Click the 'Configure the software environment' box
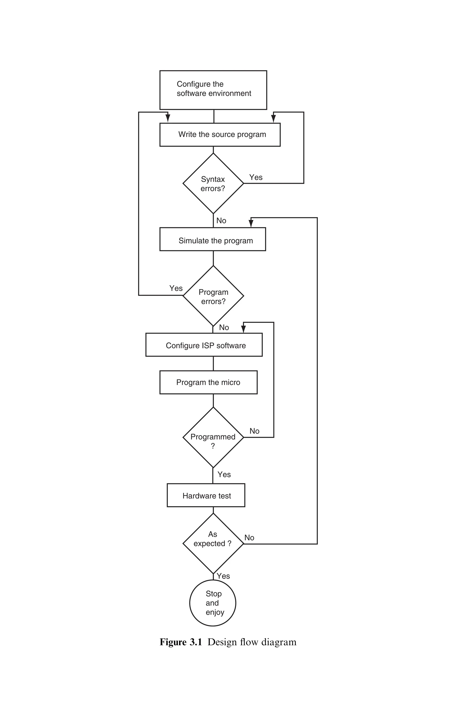point(213,90)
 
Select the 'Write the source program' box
point(220,135)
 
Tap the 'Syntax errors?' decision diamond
point(213,184)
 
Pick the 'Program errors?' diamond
point(213,296)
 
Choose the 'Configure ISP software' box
point(204,345)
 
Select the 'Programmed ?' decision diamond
point(213,437)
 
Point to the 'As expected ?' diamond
point(213,544)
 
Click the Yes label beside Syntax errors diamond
point(256,177)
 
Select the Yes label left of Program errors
point(176,288)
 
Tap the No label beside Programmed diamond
point(254,431)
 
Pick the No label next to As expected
point(249,538)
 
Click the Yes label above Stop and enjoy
point(223,576)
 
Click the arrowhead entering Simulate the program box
point(251,223)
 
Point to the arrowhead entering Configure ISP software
point(243,329)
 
